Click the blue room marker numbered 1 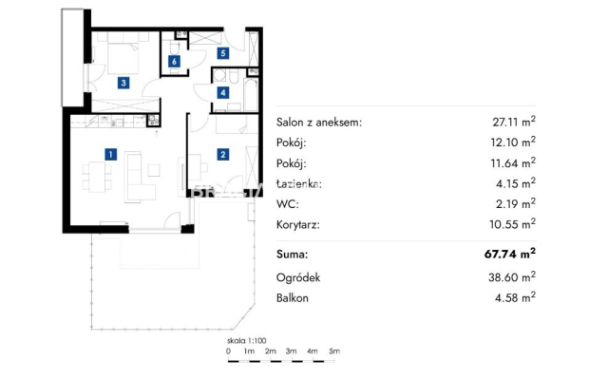[110, 154]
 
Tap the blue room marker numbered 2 [223, 154]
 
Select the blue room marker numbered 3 [123, 83]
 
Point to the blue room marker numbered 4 [223, 92]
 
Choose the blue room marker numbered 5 [223, 53]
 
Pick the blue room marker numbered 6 [174, 61]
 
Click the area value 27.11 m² [514, 122]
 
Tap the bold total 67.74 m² [510, 254]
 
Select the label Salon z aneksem [319, 122]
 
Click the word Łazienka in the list [299, 184]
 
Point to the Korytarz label [298, 225]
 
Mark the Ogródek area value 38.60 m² [512, 277]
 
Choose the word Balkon [293, 298]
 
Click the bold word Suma [292, 255]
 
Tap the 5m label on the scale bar [334, 351]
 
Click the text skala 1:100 [246, 341]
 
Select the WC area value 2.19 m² [515, 203]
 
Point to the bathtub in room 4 [251, 95]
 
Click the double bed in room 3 [123, 58]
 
